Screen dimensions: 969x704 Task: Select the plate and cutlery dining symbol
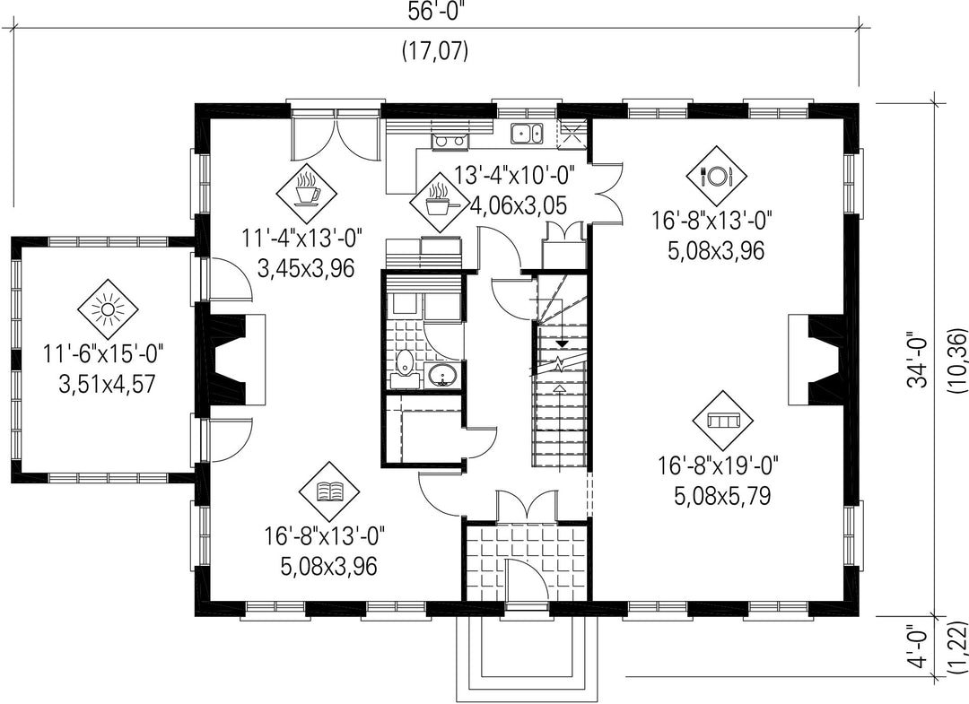[x=716, y=176]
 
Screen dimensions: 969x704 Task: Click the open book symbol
[x=328, y=491]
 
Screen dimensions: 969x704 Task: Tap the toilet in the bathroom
[x=404, y=363]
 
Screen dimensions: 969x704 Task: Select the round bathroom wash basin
[x=441, y=374]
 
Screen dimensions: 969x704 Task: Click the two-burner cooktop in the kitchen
[x=450, y=141]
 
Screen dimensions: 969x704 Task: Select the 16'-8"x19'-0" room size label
[x=718, y=465]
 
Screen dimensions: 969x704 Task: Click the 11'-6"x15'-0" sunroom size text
[x=103, y=355]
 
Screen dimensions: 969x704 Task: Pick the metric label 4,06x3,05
[x=519, y=205]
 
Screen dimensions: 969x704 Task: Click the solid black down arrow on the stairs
[x=562, y=343]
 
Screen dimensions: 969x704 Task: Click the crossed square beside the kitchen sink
[x=572, y=134]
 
